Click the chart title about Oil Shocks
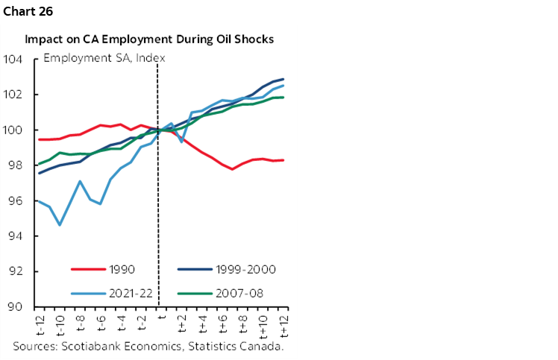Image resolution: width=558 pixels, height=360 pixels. point(149,39)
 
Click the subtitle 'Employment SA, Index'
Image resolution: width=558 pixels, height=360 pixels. point(104,57)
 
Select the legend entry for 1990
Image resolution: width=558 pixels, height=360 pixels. point(120,270)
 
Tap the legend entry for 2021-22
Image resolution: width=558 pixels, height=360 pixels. point(126,292)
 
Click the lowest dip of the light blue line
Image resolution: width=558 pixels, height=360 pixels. point(60,224)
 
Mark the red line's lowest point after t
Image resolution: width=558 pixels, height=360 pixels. point(233,169)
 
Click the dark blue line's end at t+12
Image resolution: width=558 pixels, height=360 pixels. point(283,79)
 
